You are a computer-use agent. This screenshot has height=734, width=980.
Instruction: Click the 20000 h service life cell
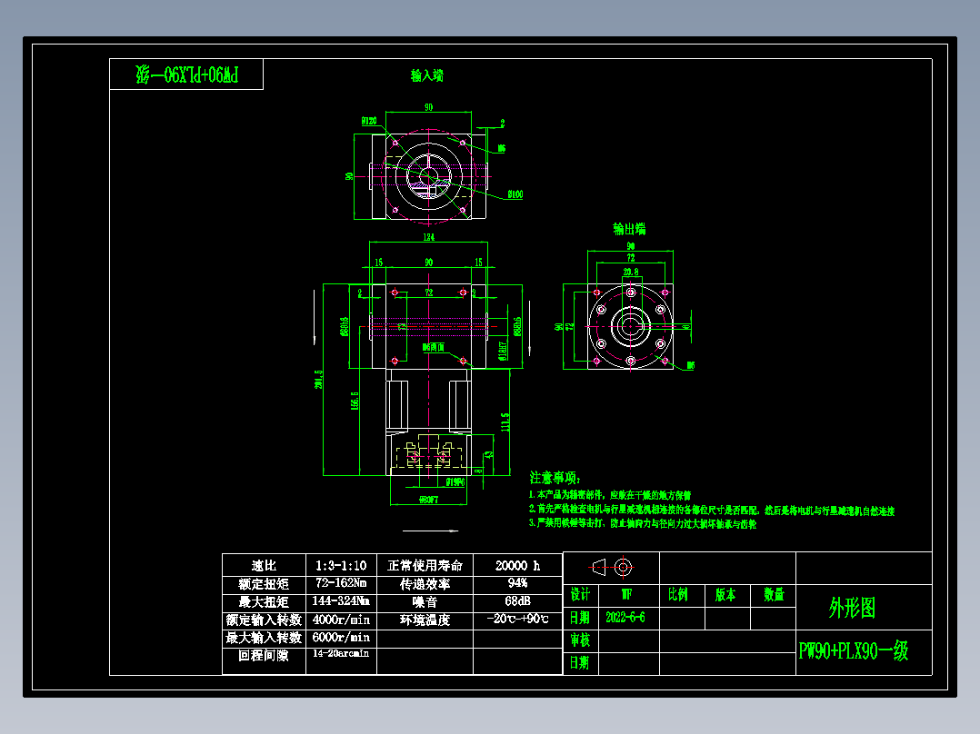tap(517, 565)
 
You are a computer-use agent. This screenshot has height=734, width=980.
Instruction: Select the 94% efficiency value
tap(517, 583)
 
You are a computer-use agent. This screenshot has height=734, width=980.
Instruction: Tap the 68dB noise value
tap(517, 601)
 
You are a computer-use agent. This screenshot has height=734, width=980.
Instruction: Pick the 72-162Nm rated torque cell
tap(341, 583)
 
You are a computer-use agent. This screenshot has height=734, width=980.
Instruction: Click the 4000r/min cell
tap(341, 620)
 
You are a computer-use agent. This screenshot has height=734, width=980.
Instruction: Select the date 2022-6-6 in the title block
tap(625, 618)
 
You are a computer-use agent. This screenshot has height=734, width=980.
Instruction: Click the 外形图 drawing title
tap(852, 608)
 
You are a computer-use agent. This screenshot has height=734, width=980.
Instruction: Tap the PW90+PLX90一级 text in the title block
tap(853, 651)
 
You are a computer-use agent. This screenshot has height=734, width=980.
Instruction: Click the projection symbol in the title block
tap(612, 567)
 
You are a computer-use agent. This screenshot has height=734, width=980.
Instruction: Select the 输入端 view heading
tap(427, 76)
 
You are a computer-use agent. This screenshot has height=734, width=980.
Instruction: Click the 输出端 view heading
tap(629, 229)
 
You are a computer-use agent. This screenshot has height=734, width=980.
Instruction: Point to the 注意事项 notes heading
tap(554, 477)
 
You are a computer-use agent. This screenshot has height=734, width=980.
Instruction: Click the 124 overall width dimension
tap(428, 238)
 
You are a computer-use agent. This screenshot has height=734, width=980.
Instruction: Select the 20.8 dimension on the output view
tap(630, 271)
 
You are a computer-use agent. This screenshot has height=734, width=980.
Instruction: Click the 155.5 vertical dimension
tap(353, 401)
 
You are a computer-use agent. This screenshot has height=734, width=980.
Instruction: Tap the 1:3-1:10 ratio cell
tap(341, 565)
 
